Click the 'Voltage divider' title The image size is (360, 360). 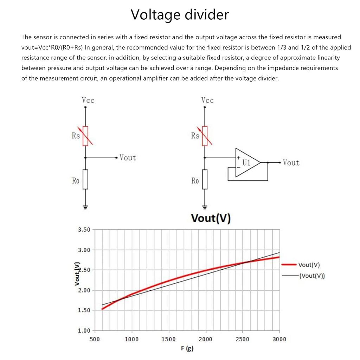tap(180, 15)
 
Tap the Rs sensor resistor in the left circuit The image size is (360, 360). tap(85, 136)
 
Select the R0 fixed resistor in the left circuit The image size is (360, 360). tap(85, 179)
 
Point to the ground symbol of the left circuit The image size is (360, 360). tap(85, 207)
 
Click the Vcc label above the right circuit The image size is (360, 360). tap(207, 100)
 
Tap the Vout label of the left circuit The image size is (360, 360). tap(128, 158)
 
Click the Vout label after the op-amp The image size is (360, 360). tap(291, 163)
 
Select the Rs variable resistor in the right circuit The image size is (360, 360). tap(205, 136)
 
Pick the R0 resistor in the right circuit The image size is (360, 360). tap(205, 179)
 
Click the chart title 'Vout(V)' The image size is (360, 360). tap(211, 218)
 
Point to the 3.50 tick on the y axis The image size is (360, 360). tap(84, 230)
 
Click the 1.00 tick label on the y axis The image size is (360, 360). tap(84, 330)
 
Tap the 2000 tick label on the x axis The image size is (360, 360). tap(205, 339)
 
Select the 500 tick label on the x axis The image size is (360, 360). tap(95, 339)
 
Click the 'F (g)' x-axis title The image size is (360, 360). tap(187, 348)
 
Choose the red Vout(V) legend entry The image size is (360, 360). tap(301, 265)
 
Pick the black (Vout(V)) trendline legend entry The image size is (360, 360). tap(303, 276)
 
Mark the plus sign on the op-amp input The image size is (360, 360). tap(239, 158)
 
